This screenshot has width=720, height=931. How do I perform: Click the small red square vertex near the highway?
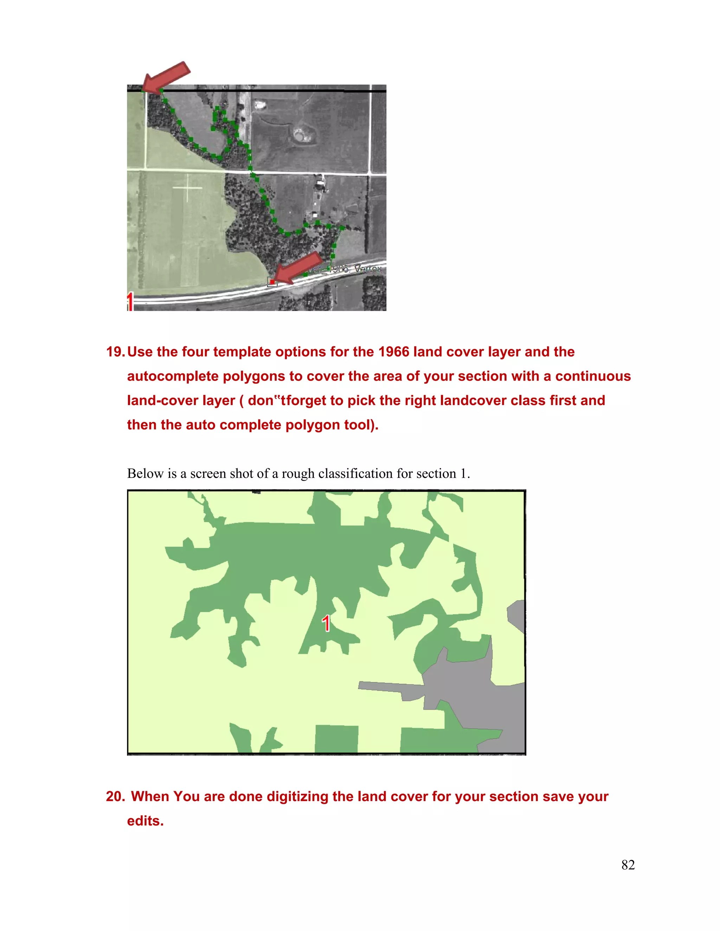point(272,282)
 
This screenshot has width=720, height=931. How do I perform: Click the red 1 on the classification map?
point(326,623)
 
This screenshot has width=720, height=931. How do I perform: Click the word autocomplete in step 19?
point(173,376)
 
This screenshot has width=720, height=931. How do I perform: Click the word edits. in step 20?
point(146,821)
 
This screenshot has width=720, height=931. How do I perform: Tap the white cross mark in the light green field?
point(187,188)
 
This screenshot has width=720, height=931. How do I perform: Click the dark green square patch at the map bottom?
point(336,739)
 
